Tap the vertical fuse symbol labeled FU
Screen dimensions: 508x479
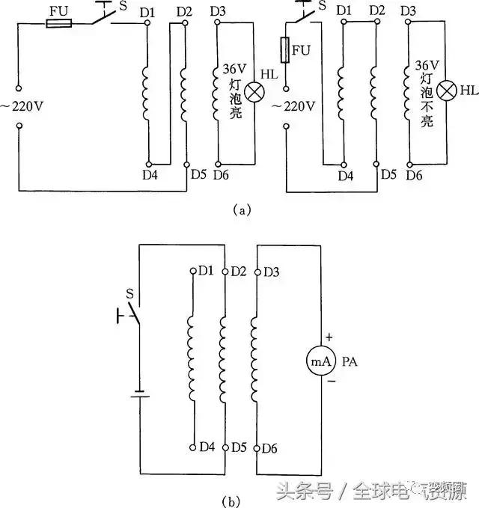(x=286, y=51)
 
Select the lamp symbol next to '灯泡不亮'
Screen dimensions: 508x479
(x=446, y=91)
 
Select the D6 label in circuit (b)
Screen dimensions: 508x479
(x=271, y=447)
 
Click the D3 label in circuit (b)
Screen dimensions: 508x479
(x=271, y=270)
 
